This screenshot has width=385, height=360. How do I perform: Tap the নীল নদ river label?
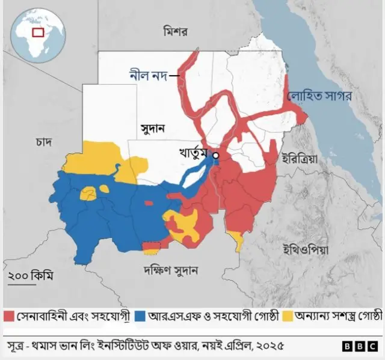[x=148, y=76]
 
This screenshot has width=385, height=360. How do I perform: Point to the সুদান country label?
[x=153, y=129]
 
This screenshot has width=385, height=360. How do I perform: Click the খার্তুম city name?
[x=192, y=154]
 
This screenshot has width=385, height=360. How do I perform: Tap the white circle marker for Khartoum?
[x=215, y=156]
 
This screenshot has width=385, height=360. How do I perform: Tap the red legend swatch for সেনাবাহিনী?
[x=8, y=316]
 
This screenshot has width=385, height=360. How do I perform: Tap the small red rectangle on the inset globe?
[x=38, y=32]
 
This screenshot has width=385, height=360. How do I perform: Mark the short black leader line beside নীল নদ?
[x=174, y=76]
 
